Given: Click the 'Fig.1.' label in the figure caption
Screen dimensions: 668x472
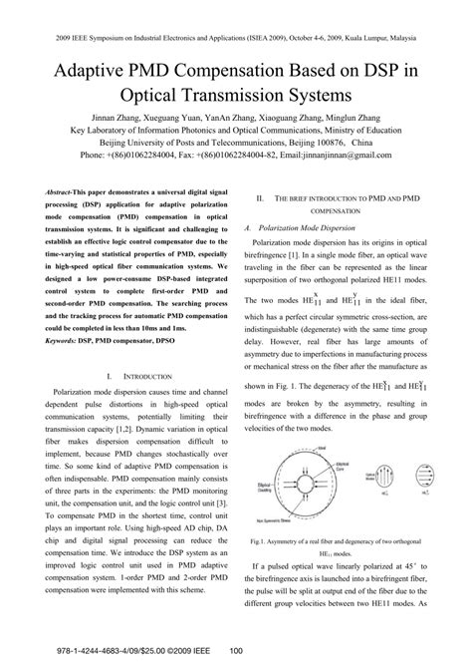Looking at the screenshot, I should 263,541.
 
